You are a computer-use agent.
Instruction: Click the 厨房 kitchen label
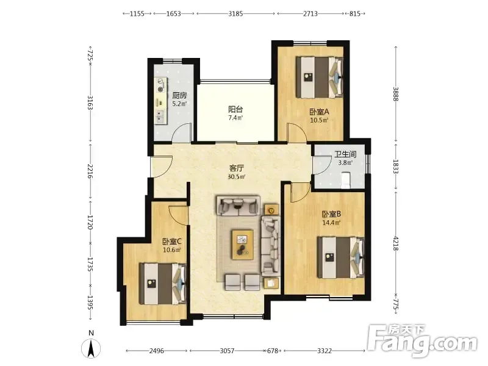[x=179, y=96]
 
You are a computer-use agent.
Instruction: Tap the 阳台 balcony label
[x=235, y=109]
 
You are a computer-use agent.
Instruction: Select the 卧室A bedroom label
[x=319, y=112]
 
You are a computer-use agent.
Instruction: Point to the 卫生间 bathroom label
[x=345, y=154]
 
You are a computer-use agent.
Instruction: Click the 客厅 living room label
[x=237, y=168]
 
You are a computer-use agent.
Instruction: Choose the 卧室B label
[x=331, y=214]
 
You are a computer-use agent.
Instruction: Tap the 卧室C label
[x=172, y=242]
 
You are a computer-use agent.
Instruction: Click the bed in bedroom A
[x=320, y=77]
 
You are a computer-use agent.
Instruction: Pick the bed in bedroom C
[x=163, y=284]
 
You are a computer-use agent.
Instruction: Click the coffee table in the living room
[x=242, y=245]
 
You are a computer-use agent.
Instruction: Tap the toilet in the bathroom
[x=346, y=181]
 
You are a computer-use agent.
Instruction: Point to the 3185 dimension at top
[x=235, y=13]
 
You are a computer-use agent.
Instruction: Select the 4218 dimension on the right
[x=395, y=243]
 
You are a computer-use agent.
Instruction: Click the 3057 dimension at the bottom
[x=227, y=351]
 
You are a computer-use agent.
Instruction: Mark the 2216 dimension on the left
[x=90, y=171]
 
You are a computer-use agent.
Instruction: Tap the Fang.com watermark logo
[x=422, y=341]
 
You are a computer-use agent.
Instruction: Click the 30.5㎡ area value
[x=237, y=177]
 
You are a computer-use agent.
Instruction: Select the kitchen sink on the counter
[x=160, y=116]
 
